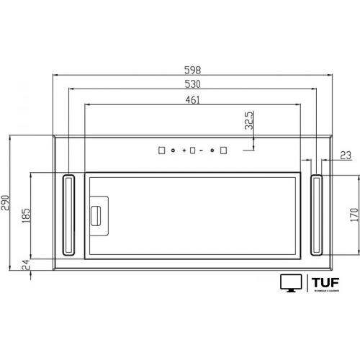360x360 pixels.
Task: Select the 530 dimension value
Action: (192, 84)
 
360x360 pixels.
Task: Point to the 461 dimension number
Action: (192, 99)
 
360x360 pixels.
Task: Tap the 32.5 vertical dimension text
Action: (249, 122)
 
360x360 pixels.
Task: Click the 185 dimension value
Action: (27, 215)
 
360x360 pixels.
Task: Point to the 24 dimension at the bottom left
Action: (27, 266)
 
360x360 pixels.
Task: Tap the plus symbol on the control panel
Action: (185, 150)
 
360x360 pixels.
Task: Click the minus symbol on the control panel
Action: (202, 150)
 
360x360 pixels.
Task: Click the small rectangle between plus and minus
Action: (194, 150)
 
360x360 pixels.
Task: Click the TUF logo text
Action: (325, 281)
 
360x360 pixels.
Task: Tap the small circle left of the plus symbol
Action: (174, 150)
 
